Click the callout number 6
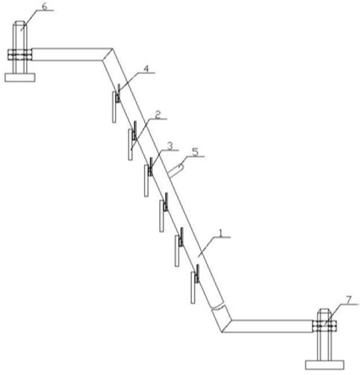coord(44,6)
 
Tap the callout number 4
coord(146,68)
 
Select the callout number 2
coord(158,115)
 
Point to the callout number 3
coord(170,146)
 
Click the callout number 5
coord(196,152)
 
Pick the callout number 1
coord(221,233)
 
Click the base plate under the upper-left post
coord(20,78)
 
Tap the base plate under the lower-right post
coord(325,365)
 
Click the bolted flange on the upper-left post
coord(19,55)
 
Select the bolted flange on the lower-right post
coord(324,326)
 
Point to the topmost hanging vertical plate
coord(114,107)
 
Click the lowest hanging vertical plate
coord(193,288)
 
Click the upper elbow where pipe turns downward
coord(108,55)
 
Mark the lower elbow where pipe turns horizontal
coord(226,326)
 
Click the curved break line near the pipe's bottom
coord(217,307)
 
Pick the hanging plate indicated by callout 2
coord(131,145)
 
